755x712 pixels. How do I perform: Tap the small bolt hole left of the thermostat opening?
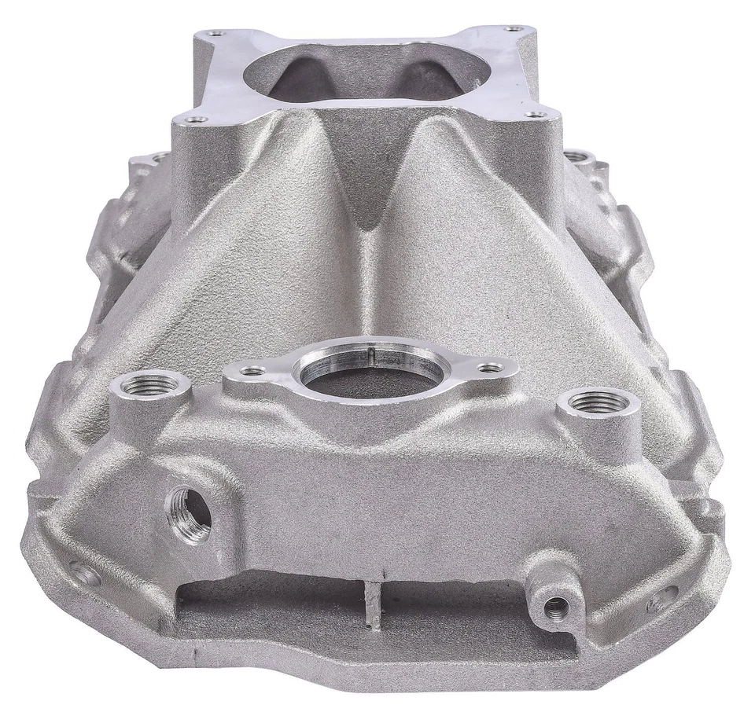pyautogui.click(x=253, y=370)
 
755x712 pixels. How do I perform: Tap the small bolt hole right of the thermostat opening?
pyautogui.click(x=491, y=367)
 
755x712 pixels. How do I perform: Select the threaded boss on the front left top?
pyautogui.click(x=150, y=385)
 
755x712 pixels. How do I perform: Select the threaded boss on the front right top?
pyautogui.click(x=598, y=402)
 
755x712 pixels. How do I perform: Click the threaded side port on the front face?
pyautogui.click(x=190, y=513)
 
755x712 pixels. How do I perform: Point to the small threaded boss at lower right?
pyautogui.click(x=557, y=605)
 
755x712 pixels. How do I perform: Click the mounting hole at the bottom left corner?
pyautogui.click(x=83, y=573)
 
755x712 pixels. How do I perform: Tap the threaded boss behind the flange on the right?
pyautogui.click(x=579, y=157)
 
